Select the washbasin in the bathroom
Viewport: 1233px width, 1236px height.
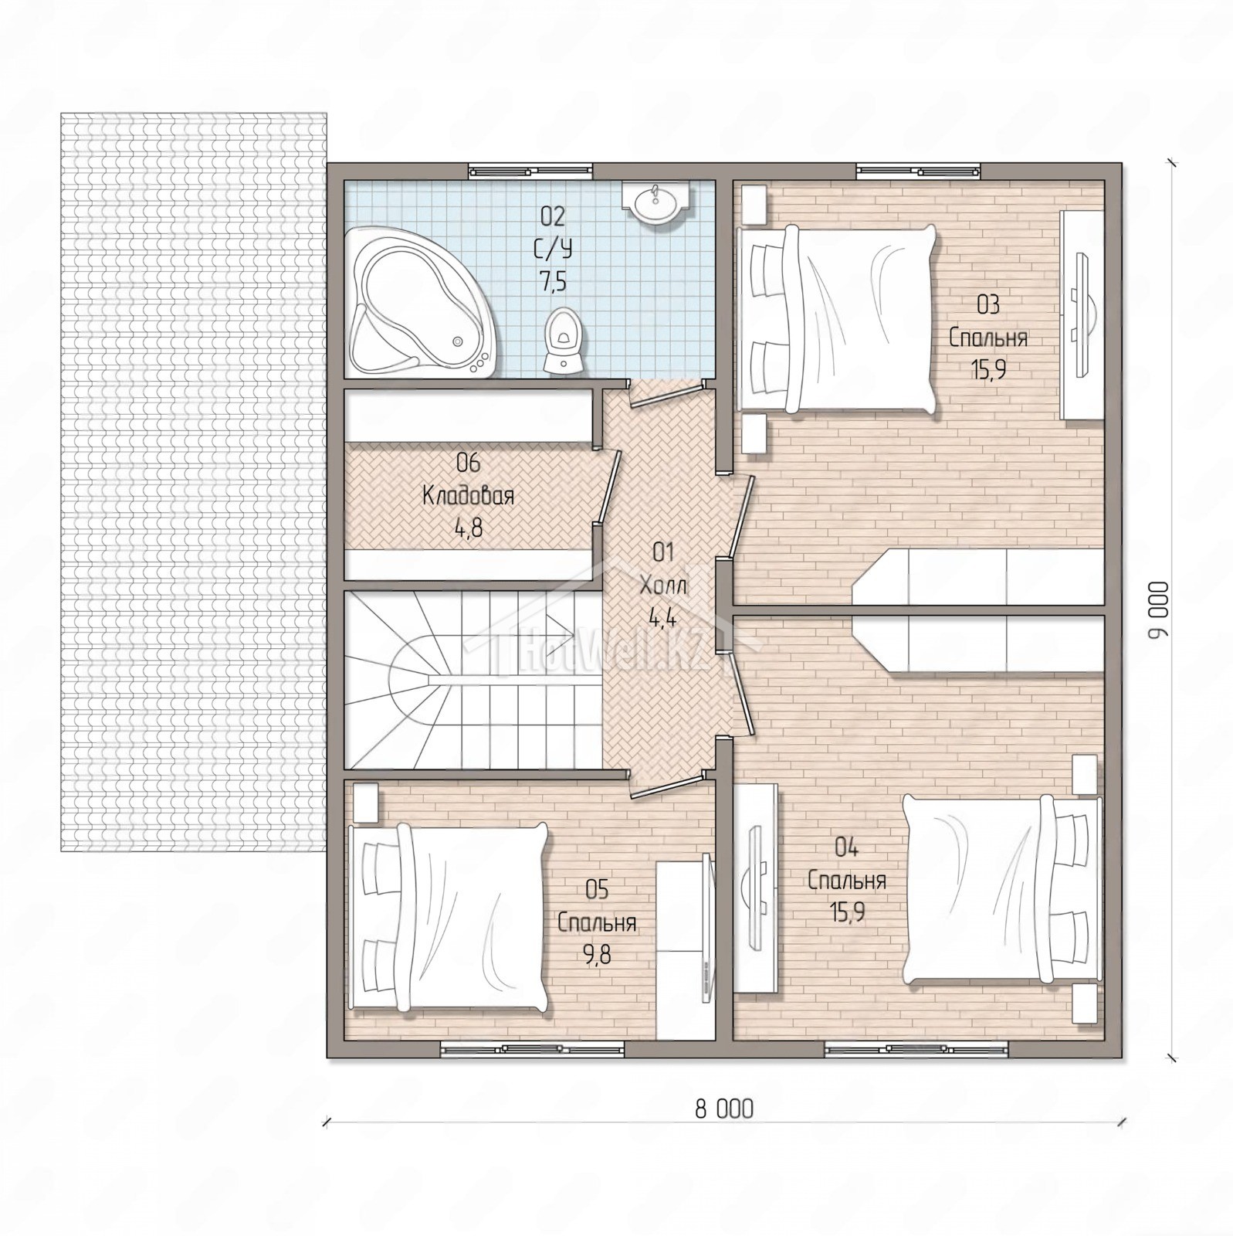pos(656,203)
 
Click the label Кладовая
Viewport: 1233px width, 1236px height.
pos(468,496)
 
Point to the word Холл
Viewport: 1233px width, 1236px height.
pos(663,585)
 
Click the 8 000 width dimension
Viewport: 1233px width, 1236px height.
pos(724,1110)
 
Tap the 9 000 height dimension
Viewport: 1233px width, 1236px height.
pos(1159,610)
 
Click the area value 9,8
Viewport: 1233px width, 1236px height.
pos(597,956)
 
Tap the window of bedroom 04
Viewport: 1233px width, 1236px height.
pos(916,1048)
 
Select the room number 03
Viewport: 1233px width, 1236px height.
pos(988,305)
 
